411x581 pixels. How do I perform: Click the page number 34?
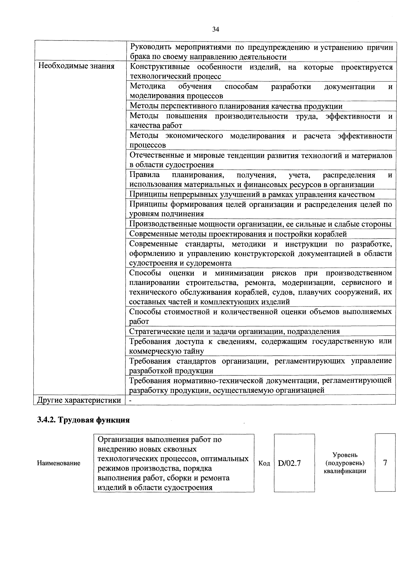coord(215,30)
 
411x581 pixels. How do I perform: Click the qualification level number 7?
coord(385,463)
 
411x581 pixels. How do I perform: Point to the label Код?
coord(264,463)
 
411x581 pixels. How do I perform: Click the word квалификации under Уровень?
coord(345,471)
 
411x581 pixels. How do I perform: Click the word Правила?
coord(145,175)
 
